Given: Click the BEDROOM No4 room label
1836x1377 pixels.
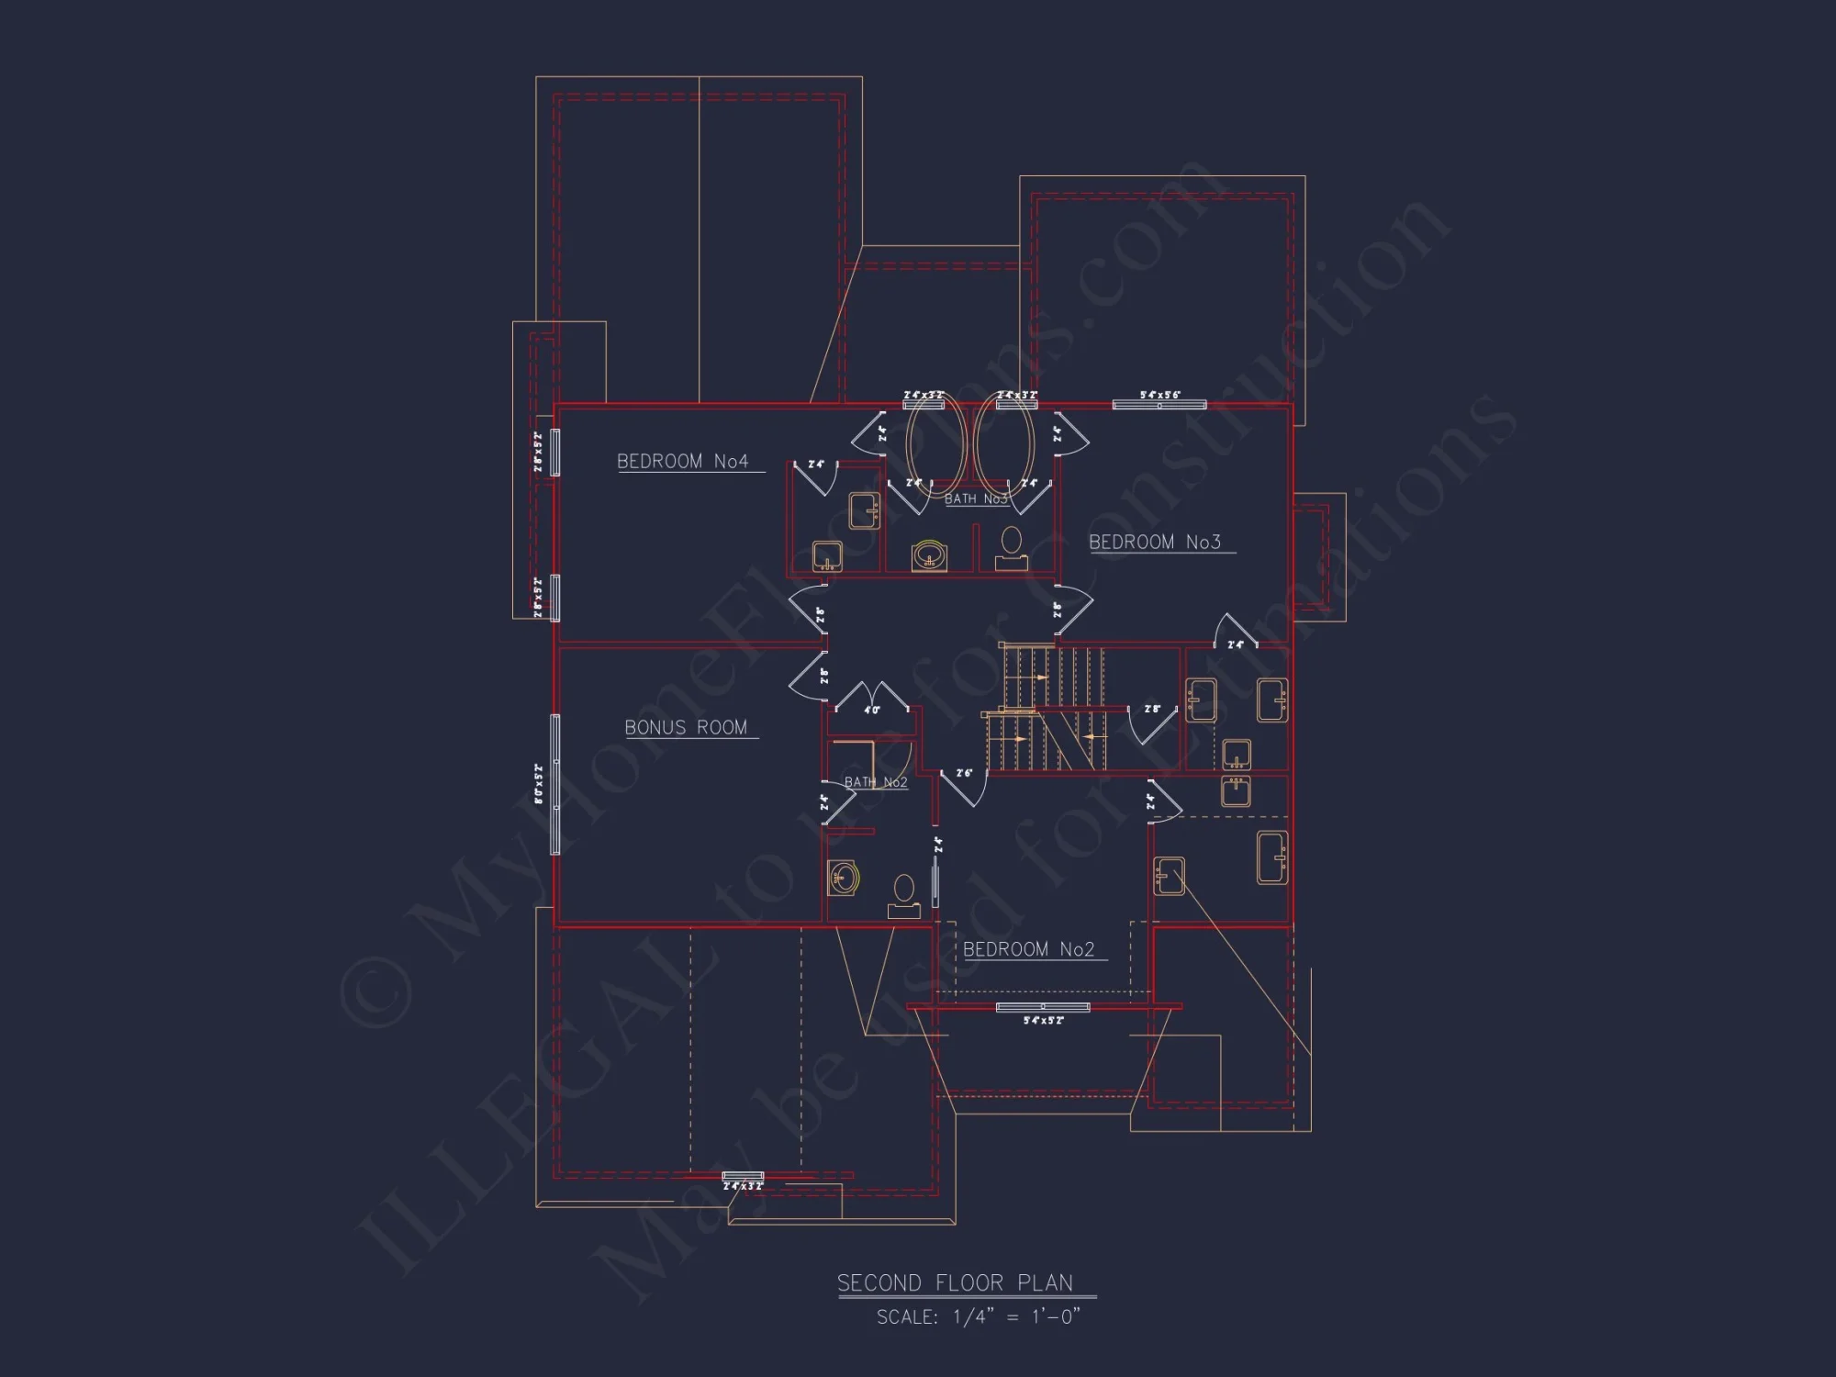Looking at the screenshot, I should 683,461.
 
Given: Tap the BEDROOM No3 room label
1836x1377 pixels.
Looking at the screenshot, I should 1155,543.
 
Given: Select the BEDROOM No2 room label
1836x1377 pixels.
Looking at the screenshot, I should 1029,949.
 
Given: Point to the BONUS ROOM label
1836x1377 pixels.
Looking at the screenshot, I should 686,728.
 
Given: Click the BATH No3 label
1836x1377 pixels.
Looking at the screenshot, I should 976,499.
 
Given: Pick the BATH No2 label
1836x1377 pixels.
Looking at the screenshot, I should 876,782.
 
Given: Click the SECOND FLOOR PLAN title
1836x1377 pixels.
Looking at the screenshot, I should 955,1282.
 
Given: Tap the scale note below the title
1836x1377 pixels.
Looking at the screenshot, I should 979,1317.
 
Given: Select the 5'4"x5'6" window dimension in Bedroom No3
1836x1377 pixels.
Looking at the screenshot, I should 1160,395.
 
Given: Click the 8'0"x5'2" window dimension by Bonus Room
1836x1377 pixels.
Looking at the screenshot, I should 539,784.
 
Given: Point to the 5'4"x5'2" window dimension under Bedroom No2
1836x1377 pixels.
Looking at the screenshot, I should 1044,1020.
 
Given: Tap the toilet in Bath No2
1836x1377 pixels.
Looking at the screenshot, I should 904,896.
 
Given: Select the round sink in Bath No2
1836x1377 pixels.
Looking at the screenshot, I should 843,878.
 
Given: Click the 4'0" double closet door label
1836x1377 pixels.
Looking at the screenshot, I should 871,710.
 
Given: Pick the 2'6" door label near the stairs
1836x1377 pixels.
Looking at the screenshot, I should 964,774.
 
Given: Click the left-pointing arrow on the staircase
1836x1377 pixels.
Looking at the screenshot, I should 1090,736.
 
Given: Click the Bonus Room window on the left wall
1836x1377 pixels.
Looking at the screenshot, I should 555,784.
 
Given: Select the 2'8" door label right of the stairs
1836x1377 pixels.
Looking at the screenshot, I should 1153,709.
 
